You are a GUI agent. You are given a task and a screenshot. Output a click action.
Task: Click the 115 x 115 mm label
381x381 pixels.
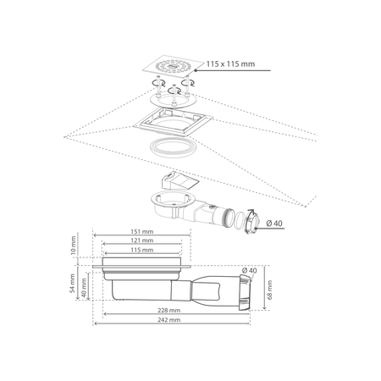(x=230, y=63)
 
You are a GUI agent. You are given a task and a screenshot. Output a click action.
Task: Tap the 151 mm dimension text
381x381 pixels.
(x=142, y=231)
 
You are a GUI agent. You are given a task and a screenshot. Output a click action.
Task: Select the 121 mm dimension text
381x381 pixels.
(x=142, y=240)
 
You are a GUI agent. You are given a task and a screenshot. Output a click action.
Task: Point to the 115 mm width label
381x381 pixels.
(x=142, y=250)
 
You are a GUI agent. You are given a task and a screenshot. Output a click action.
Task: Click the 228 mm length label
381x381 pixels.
(x=169, y=311)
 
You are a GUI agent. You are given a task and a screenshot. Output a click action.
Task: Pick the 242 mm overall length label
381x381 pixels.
(x=169, y=320)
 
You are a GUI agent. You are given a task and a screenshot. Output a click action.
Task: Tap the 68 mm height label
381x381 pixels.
(x=270, y=290)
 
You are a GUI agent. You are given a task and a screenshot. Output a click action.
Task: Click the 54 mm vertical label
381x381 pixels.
(x=73, y=284)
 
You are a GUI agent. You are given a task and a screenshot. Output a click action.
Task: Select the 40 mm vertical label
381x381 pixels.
(x=84, y=288)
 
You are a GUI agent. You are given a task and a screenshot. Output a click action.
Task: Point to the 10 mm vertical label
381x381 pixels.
(x=73, y=246)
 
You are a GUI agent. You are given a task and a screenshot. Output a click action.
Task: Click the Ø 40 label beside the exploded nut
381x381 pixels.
(x=274, y=224)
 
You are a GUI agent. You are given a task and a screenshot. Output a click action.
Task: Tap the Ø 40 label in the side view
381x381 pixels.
(x=249, y=270)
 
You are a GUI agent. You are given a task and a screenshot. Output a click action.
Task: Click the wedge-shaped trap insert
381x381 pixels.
(x=179, y=181)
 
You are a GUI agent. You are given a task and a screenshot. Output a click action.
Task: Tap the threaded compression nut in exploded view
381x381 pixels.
(x=251, y=223)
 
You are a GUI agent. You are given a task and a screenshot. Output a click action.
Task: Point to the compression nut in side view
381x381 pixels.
(x=245, y=292)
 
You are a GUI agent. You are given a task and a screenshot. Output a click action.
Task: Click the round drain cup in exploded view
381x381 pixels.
(x=173, y=203)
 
